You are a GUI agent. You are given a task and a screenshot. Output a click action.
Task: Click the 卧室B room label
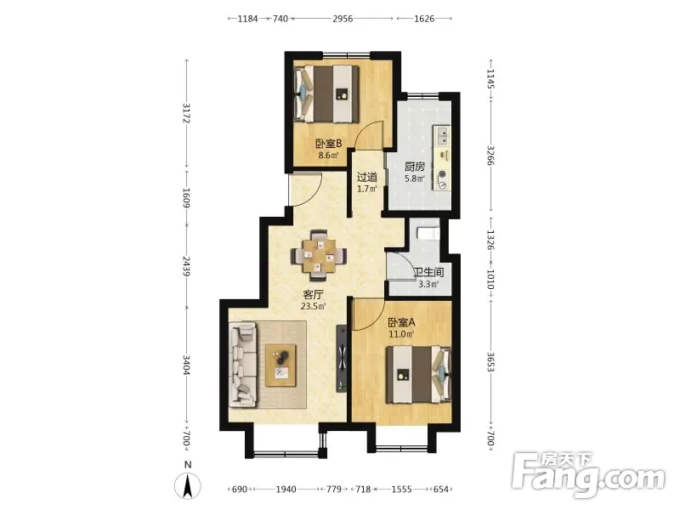click(x=329, y=143)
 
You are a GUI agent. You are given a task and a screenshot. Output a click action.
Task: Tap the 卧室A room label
click(x=401, y=322)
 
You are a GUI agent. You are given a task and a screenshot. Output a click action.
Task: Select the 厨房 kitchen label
click(x=415, y=167)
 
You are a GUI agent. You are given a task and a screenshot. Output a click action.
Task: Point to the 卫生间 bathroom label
click(x=428, y=273)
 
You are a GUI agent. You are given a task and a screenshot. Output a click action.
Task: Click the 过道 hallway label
click(x=367, y=177)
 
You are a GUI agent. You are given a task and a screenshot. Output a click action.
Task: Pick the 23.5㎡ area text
click(x=313, y=306)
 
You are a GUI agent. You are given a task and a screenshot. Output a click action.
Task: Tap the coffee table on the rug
click(x=281, y=365)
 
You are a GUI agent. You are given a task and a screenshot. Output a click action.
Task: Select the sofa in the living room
click(x=243, y=365)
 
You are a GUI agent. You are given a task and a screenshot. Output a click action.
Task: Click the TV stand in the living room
click(x=343, y=358)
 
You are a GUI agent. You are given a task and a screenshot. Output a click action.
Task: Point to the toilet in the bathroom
click(x=428, y=233)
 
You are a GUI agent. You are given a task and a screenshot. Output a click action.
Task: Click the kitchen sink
click(x=442, y=136)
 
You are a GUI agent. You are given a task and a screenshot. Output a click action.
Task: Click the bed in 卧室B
click(x=327, y=93)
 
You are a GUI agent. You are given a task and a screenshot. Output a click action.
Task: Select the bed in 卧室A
click(x=419, y=375)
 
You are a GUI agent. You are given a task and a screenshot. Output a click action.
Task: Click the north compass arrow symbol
click(x=188, y=485)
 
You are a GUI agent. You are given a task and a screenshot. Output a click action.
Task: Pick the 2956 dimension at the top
click(x=343, y=19)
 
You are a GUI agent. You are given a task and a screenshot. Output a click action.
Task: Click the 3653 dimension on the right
click(x=490, y=362)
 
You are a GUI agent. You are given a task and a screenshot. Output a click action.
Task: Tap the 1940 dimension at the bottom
click(x=286, y=490)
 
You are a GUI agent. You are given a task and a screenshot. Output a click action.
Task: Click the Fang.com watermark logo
click(x=588, y=476)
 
